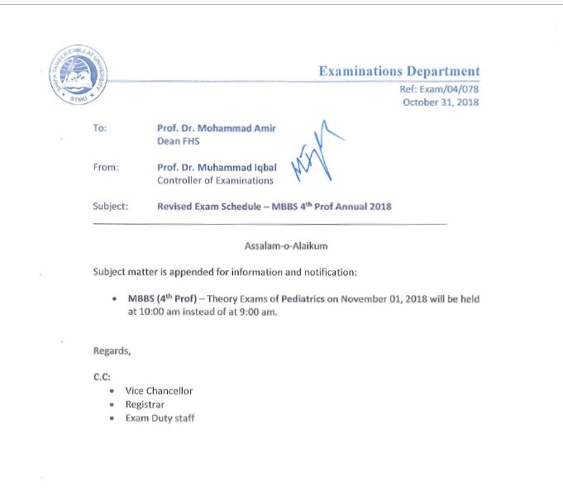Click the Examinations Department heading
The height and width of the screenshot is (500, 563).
pyautogui.click(x=398, y=72)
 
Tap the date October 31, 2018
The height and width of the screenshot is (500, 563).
pyautogui.click(x=441, y=102)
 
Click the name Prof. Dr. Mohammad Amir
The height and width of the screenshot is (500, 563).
pyautogui.click(x=217, y=128)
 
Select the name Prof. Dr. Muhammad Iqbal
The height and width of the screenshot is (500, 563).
pyautogui.click(x=217, y=167)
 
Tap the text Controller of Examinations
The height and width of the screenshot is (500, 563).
pyautogui.click(x=215, y=180)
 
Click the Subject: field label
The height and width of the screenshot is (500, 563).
pyautogui.click(x=111, y=207)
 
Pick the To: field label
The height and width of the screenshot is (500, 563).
pyautogui.click(x=100, y=128)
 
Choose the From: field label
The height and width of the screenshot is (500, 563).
pyautogui.click(x=106, y=167)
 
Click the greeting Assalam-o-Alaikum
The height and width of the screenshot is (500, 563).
pyautogui.click(x=281, y=246)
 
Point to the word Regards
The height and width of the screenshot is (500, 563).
pyautogui.click(x=112, y=351)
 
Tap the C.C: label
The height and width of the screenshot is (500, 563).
pyautogui.click(x=102, y=376)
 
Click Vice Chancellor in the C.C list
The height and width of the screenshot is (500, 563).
pyautogui.click(x=159, y=391)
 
